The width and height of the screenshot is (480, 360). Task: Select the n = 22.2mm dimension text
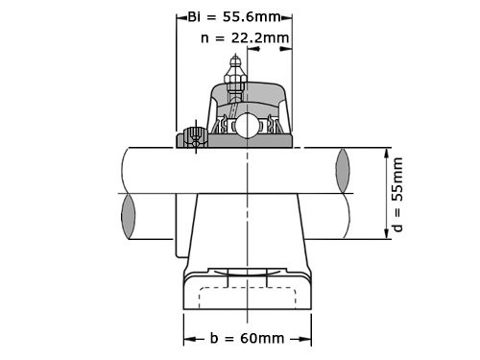245,37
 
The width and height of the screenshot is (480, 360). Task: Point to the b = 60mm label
247,338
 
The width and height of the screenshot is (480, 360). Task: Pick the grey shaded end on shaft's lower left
128,218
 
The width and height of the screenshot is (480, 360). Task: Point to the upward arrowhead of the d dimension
388,153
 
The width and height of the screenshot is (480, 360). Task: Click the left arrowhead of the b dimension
188,338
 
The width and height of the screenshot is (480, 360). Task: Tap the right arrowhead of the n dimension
287,37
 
